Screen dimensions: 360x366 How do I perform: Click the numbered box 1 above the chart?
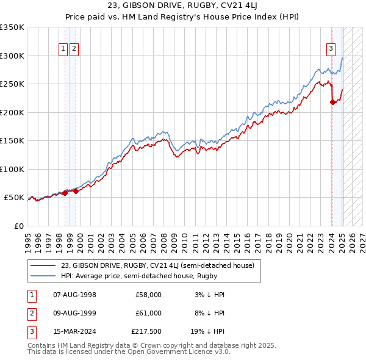click(63, 49)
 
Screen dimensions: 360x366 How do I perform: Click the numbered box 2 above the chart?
click(74, 49)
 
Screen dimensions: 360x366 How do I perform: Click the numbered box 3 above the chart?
click(331, 49)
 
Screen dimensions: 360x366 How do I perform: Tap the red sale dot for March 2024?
click(332, 103)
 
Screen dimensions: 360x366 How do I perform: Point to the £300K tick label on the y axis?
click(12, 56)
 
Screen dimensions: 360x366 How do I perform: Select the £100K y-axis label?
click(12, 169)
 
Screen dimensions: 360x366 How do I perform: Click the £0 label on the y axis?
click(18, 226)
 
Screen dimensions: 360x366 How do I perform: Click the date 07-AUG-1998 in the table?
click(75, 295)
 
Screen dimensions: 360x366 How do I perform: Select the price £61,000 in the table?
click(149, 313)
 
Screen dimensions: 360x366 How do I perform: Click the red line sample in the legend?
click(43, 265)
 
